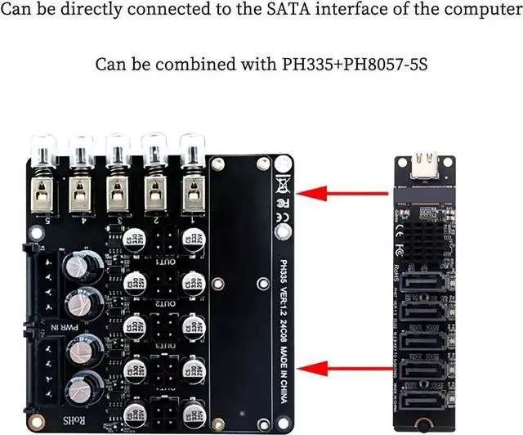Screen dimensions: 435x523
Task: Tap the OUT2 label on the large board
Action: point(168,303)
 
